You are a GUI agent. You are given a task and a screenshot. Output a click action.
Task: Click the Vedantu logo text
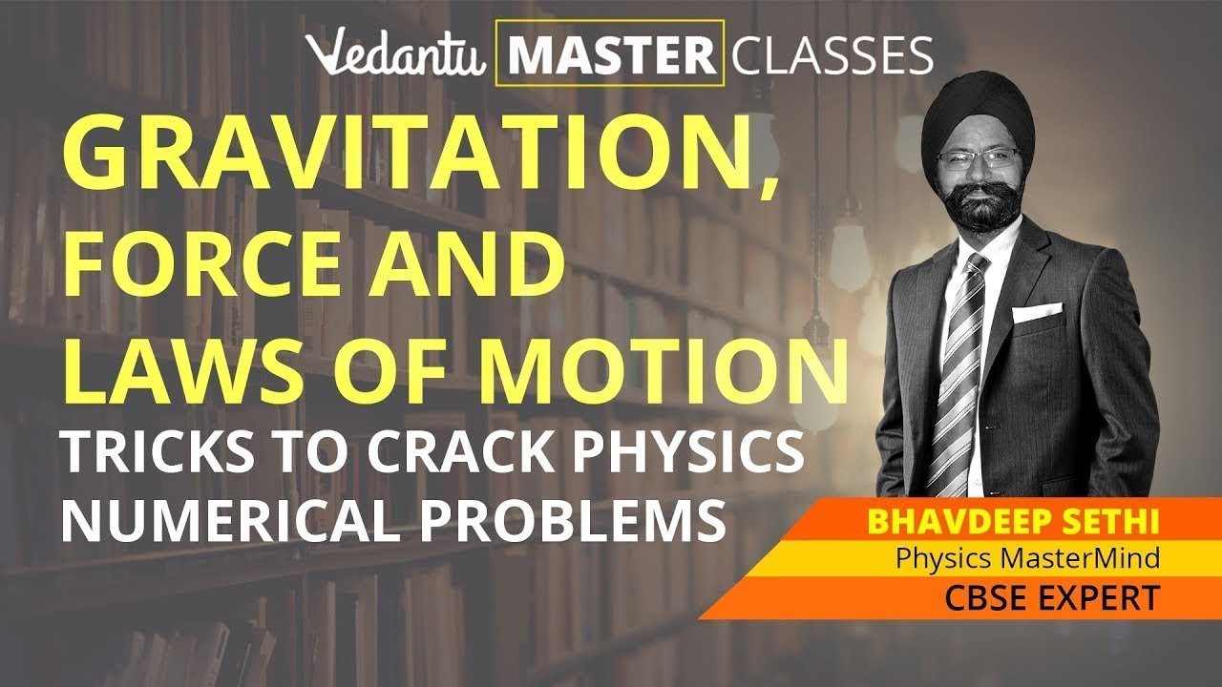coord(401,55)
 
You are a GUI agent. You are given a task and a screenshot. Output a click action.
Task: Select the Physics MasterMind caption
coord(1026,560)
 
